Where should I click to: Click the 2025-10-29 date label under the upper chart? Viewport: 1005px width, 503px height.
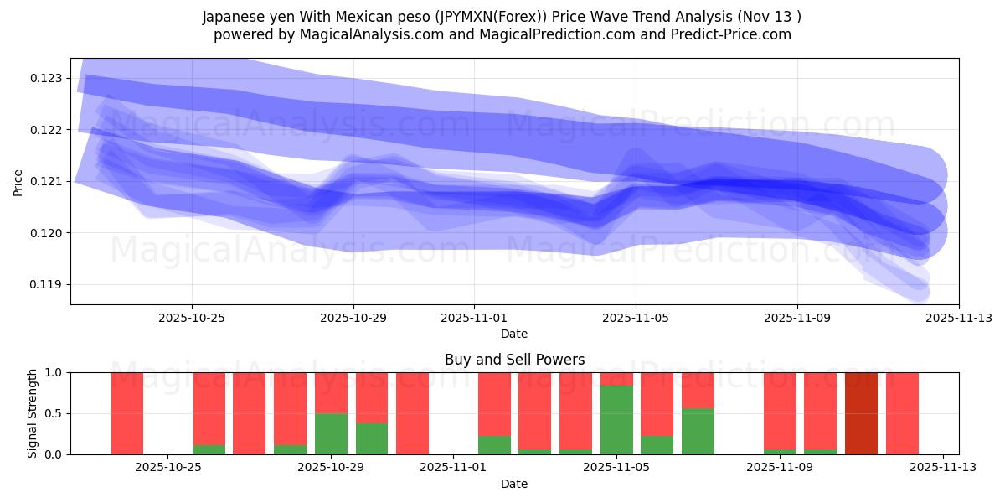(x=353, y=318)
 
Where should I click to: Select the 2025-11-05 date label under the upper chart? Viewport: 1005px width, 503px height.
(x=636, y=318)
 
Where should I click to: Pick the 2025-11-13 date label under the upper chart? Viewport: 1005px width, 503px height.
(x=958, y=318)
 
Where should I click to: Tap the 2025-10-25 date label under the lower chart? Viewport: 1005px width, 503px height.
(x=168, y=468)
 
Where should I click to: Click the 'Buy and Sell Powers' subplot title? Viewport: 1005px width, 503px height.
(x=514, y=360)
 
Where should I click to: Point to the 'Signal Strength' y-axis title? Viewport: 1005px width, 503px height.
(x=33, y=413)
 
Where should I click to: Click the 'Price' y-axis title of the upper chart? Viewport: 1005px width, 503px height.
(x=18, y=181)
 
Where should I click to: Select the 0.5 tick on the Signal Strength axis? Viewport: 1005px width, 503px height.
(x=54, y=413)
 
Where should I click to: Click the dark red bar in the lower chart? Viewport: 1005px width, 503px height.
(x=861, y=413)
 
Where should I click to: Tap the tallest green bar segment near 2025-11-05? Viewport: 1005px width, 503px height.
(x=616, y=420)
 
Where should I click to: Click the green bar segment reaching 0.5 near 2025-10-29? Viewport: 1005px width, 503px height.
(x=331, y=433)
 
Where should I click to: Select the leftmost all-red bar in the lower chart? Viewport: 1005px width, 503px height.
(x=126, y=413)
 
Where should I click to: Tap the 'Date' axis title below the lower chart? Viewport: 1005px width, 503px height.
(x=514, y=484)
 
